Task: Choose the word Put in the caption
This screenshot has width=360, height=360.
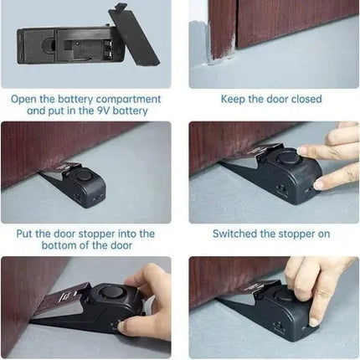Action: [x=28, y=234]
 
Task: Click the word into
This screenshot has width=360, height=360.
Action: [x=140, y=234]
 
